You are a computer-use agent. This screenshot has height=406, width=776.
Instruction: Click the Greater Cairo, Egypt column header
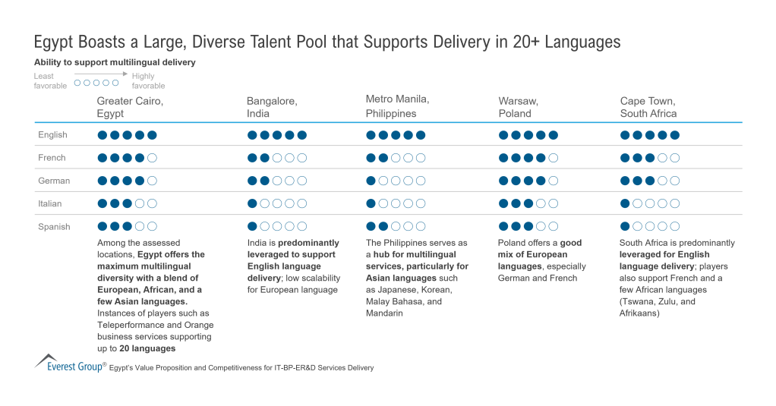point(130,107)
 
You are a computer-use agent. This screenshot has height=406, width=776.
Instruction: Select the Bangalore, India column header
point(272,107)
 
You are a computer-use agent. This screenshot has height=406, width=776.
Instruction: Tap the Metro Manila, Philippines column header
point(397,106)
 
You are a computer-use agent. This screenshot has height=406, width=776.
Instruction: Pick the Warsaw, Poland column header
point(515,107)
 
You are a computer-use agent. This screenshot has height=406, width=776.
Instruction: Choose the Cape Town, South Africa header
point(648,107)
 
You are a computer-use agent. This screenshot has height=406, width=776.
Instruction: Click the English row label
point(52,135)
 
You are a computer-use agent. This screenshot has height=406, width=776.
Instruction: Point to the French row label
point(52,158)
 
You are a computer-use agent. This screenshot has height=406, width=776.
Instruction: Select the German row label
point(54,181)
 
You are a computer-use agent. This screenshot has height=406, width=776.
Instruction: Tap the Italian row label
point(51,203)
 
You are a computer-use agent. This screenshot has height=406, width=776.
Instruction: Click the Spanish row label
point(54,226)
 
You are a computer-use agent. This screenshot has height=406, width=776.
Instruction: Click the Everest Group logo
point(68,363)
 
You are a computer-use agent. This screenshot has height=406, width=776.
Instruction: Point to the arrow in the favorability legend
point(100,74)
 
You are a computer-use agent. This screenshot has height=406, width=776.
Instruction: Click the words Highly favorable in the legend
point(148,80)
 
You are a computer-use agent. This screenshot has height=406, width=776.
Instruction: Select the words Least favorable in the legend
point(50,80)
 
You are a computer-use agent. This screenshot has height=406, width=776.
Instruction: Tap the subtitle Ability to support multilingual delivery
point(115,62)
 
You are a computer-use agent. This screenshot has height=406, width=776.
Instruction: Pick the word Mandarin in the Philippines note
point(386,313)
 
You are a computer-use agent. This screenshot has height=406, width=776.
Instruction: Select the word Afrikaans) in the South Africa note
point(642,313)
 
